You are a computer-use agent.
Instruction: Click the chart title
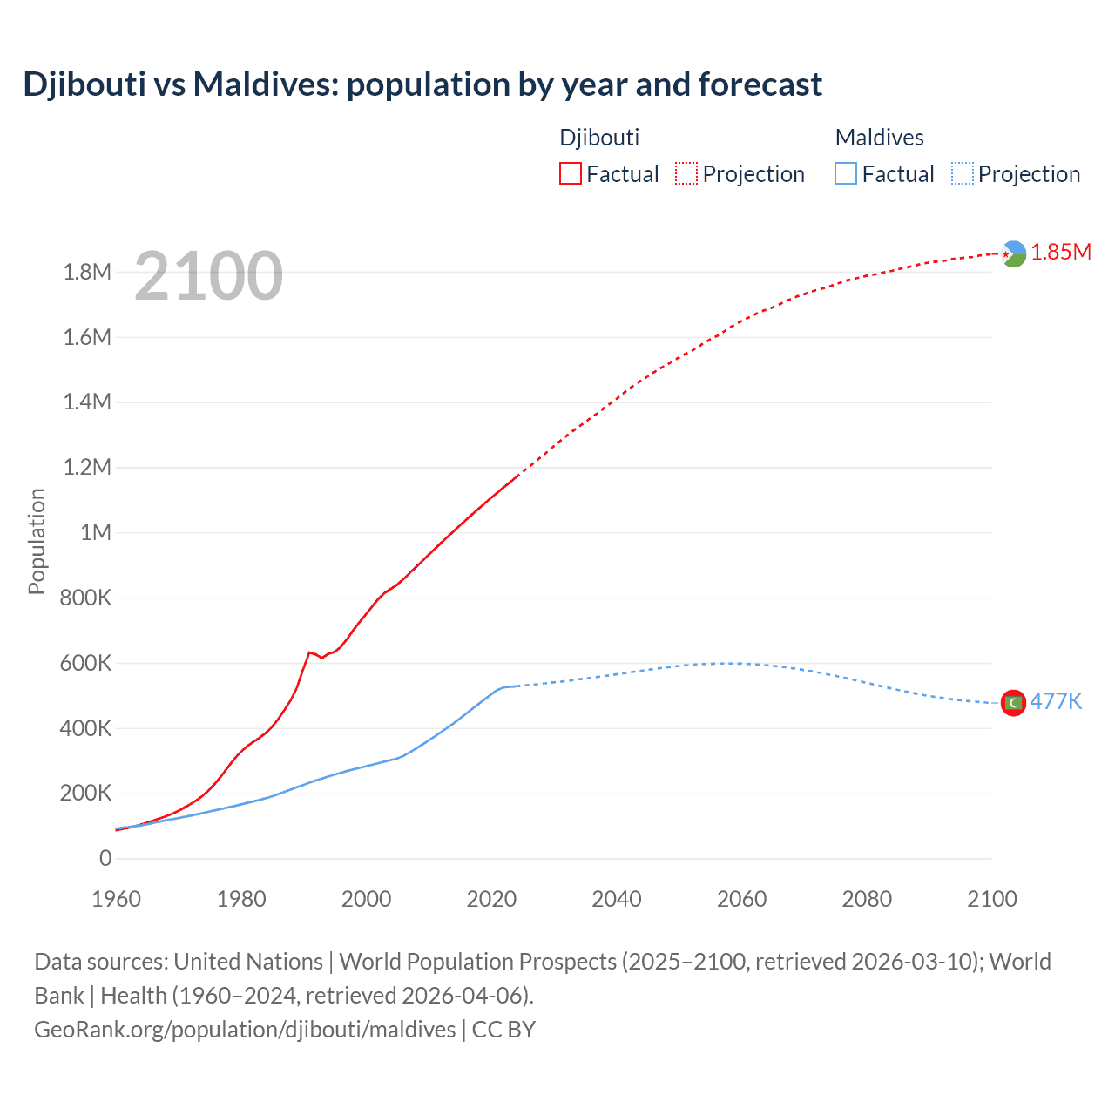[x=422, y=84]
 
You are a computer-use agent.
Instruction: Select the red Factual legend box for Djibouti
[x=570, y=173]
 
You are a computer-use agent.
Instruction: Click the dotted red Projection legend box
[x=686, y=173]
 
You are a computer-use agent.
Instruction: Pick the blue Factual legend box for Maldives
[x=845, y=173]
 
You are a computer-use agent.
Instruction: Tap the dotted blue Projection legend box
[x=962, y=173]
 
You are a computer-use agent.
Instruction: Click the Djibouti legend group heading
[x=599, y=138]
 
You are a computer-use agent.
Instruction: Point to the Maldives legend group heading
[x=879, y=138]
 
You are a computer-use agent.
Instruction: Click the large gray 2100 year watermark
[x=208, y=276]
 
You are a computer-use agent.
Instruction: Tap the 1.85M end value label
[x=1061, y=253]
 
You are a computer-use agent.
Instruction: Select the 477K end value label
[x=1056, y=702]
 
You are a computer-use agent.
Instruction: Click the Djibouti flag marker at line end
[x=1013, y=253]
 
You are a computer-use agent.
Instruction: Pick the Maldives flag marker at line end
[x=1013, y=703]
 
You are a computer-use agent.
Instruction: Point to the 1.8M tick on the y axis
[x=87, y=273]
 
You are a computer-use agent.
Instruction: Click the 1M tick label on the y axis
[x=96, y=532]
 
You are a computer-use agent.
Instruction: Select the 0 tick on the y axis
[x=105, y=858]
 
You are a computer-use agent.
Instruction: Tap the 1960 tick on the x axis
[x=116, y=899]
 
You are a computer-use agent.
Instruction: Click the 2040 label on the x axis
[x=617, y=899]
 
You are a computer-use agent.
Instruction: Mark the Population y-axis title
[x=37, y=541]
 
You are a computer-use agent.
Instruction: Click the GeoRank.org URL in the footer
[x=245, y=1030]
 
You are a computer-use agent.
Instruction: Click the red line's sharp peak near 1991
[x=309, y=652]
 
